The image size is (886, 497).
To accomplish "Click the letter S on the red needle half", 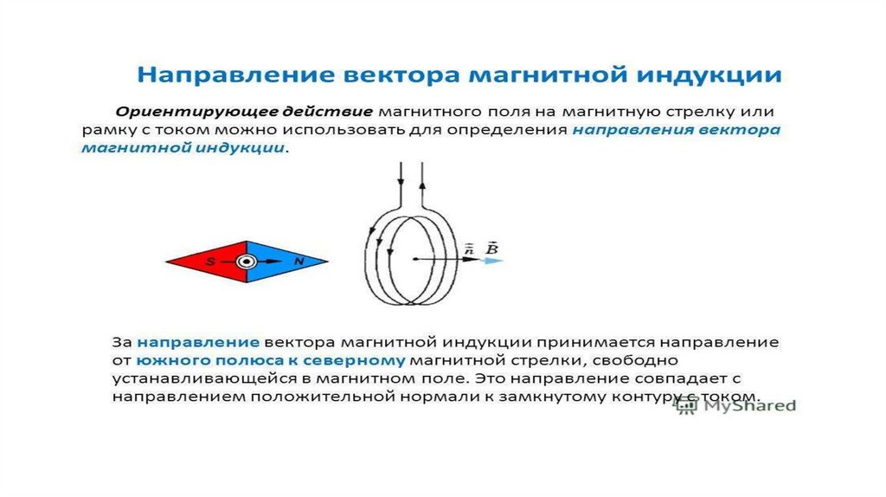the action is click(210, 261).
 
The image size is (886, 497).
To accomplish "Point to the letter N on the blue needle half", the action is click(299, 261).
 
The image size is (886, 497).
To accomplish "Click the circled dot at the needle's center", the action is click(247, 261).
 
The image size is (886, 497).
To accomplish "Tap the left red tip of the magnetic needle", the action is click(167, 261).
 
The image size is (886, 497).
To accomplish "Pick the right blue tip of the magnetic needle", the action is click(326, 261).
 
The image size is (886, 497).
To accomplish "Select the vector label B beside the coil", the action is click(492, 248).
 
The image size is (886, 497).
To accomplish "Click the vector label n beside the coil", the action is click(469, 248).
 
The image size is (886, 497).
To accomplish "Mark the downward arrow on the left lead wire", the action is click(401, 182).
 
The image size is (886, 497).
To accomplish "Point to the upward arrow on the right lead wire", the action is click(422, 185).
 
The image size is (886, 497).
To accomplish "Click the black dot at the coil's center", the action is click(414, 259).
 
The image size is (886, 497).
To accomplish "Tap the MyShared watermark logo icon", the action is click(686, 405).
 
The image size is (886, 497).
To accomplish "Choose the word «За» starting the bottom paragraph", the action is click(121, 343).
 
